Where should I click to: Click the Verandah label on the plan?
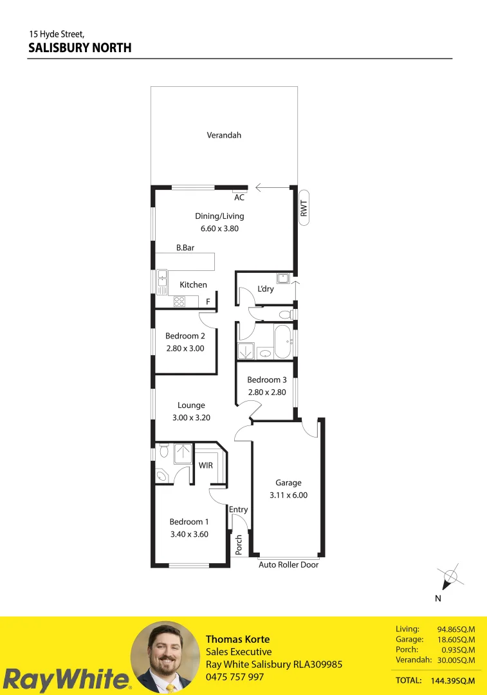[224, 135]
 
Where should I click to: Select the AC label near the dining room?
[239, 198]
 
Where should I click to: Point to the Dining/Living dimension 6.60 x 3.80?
[219, 228]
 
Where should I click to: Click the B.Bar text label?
[185, 247]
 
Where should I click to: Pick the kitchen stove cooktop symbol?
[179, 301]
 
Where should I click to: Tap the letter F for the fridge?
[208, 302]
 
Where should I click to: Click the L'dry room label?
[265, 289]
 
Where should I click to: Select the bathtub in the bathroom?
[283, 342]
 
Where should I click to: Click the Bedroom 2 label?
[185, 336]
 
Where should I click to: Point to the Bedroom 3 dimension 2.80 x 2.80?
[267, 392]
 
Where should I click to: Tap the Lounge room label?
[191, 405]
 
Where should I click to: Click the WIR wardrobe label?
[206, 465]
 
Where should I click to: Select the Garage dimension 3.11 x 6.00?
[288, 496]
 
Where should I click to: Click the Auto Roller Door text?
[288, 565]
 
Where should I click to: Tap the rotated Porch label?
[239, 545]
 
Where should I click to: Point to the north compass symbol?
[450, 577]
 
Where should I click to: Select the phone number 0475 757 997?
[235, 677]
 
